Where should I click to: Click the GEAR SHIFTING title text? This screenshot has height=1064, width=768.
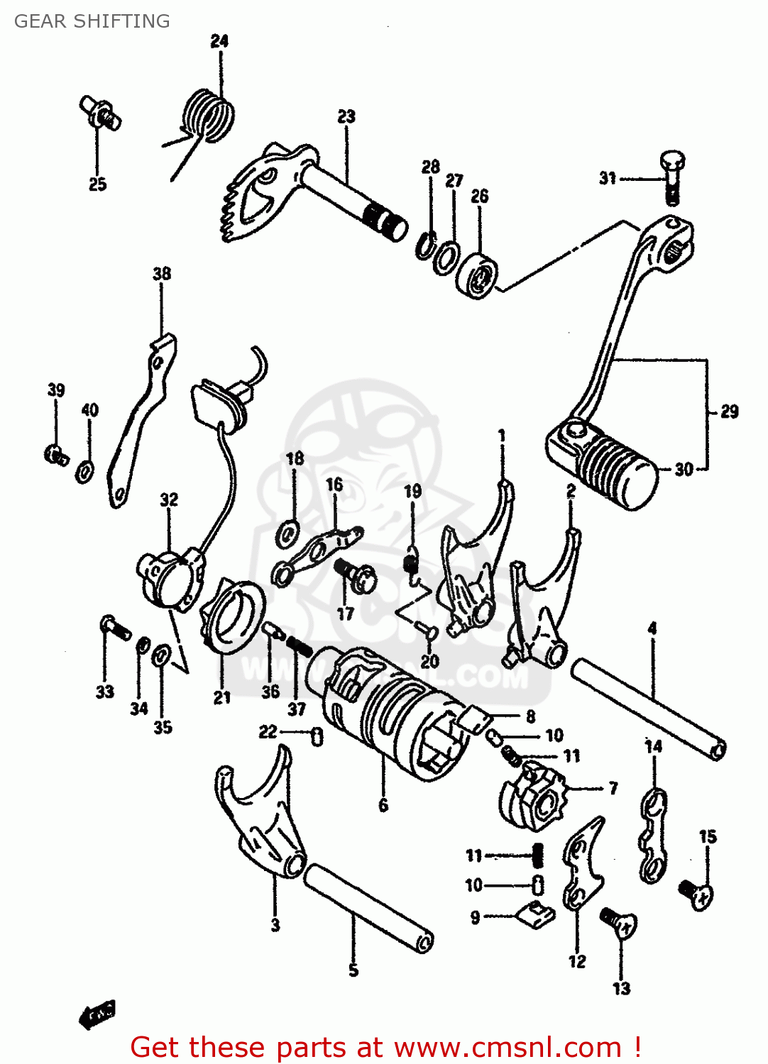point(92,21)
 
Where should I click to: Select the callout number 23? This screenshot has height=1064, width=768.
point(346,116)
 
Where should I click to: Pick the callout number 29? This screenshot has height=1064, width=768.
point(729,411)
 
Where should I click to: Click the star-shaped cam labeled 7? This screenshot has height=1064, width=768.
point(536,794)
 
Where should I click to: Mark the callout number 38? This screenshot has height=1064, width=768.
point(162,274)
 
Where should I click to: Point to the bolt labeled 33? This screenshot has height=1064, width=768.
point(114,627)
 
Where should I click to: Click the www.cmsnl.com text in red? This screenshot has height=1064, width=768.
point(508,1048)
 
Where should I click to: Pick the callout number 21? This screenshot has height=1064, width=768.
point(222,697)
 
